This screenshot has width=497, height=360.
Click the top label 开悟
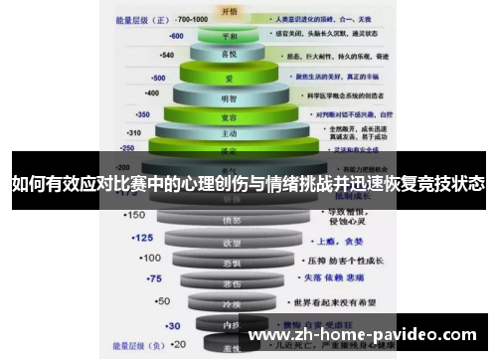(230, 13)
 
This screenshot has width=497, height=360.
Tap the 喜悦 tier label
(230, 55)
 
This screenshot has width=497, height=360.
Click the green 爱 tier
(230, 76)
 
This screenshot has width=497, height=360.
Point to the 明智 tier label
(230, 97)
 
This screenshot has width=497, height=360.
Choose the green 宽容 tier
(230, 115)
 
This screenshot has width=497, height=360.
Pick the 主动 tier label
(230, 132)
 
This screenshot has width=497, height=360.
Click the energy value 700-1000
(190, 18)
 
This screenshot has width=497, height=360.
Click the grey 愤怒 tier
(231, 220)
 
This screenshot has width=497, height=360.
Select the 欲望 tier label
(231, 242)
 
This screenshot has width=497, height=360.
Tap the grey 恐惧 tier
(231, 263)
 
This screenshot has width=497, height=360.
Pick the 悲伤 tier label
(231, 282)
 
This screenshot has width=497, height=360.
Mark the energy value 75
(153, 278)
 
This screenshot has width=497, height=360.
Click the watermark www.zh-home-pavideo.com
(362, 334)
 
